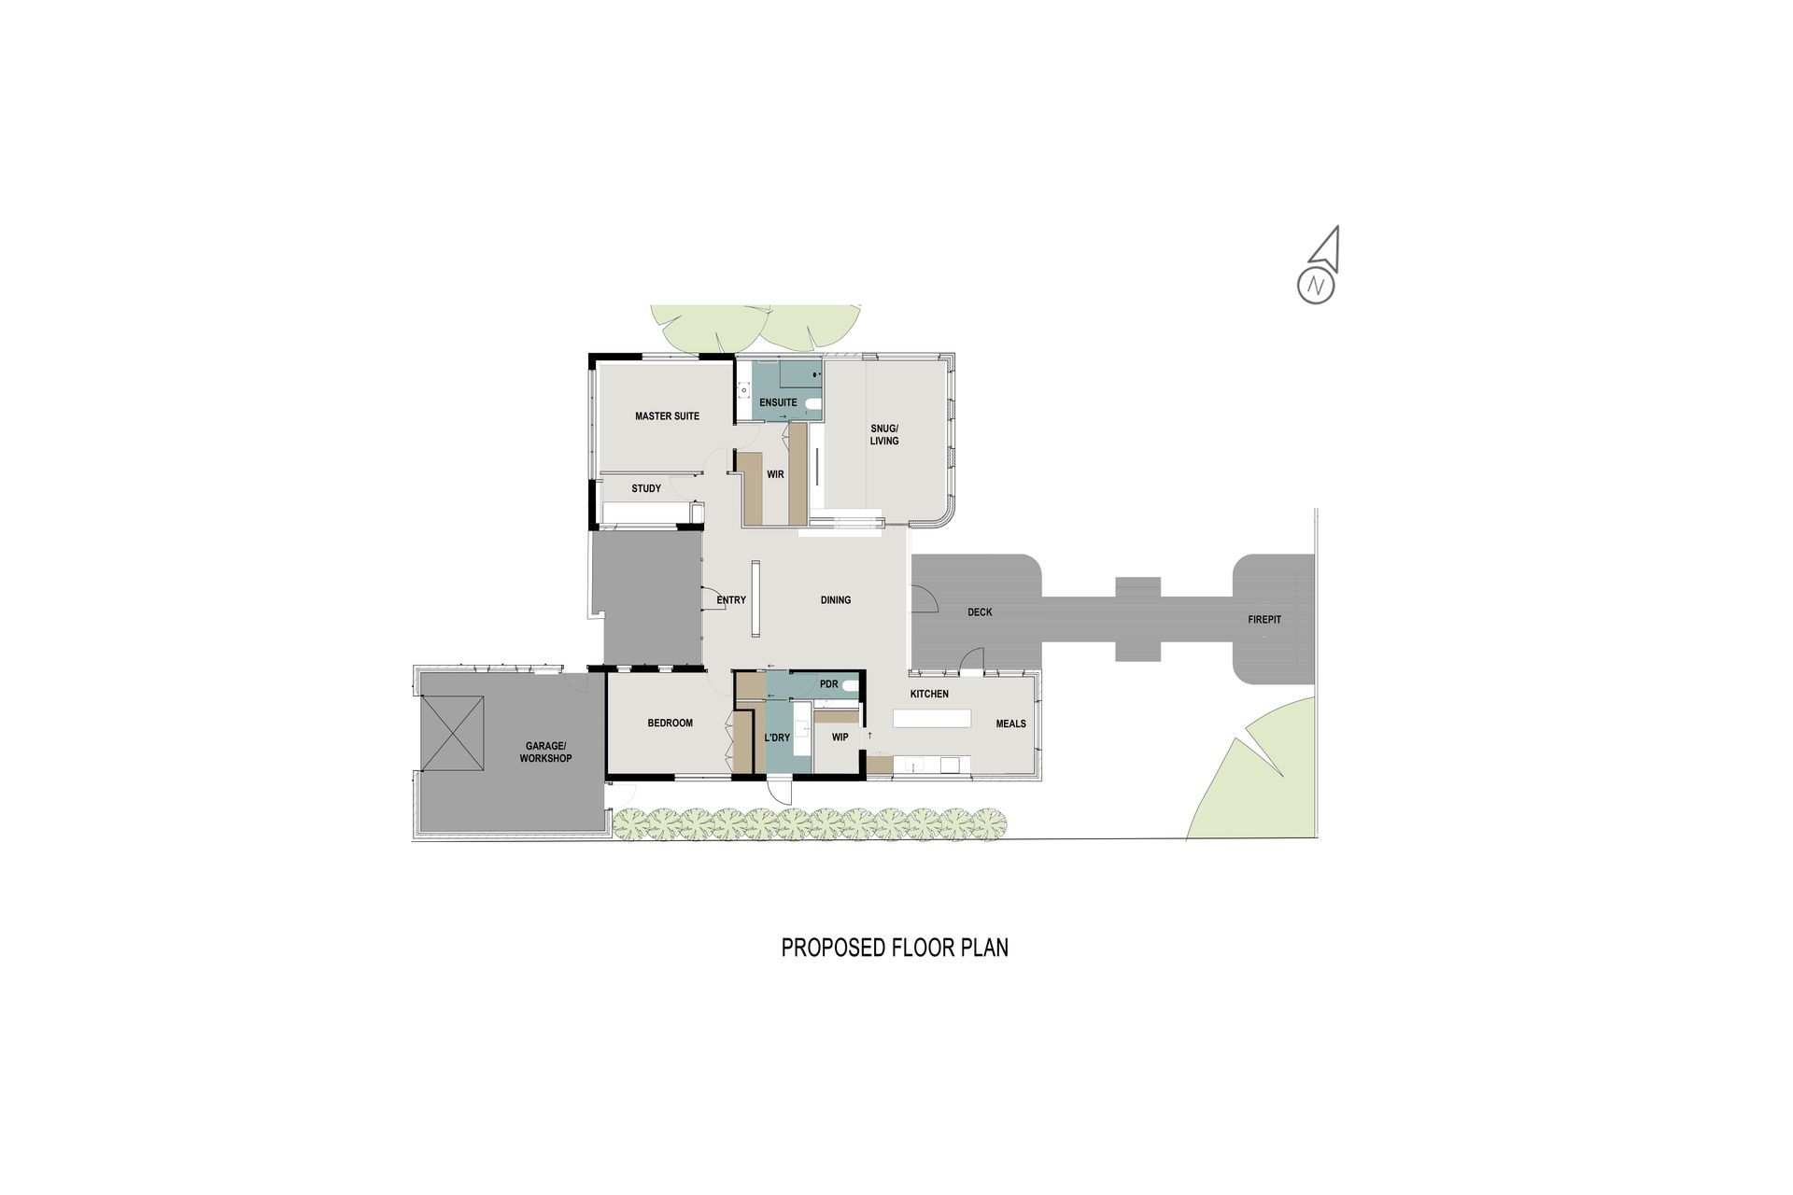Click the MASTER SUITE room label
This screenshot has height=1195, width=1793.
(667, 416)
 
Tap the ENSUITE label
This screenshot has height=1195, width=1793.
(778, 403)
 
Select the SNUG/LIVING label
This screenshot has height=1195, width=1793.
(884, 434)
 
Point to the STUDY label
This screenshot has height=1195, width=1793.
(646, 488)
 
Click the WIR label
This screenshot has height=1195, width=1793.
(775, 474)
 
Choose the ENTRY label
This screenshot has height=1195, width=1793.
(731, 600)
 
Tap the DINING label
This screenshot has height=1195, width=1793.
(836, 600)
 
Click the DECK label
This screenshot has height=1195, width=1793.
(980, 612)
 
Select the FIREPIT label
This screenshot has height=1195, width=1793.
(1264, 620)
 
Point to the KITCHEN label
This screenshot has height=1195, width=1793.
(929, 694)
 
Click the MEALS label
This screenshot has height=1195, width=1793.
(1010, 724)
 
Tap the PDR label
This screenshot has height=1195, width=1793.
(828, 684)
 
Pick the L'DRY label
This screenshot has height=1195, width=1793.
(777, 738)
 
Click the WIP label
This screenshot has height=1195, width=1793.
(840, 737)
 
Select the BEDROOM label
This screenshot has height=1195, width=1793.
(671, 723)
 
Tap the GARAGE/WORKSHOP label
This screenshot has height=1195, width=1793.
(546, 752)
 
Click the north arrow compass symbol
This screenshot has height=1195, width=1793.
(1318, 265)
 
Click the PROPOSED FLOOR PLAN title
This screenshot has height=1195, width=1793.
(895, 948)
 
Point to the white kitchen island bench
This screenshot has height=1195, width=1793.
(932, 719)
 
